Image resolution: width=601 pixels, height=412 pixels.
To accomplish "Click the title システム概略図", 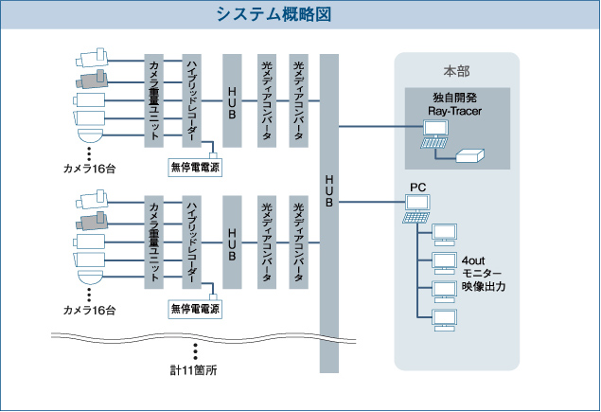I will [x=299, y=14].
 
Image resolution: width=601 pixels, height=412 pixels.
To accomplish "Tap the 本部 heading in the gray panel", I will [x=456, y=72].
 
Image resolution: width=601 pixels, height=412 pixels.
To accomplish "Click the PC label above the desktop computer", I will [x=417, y=188].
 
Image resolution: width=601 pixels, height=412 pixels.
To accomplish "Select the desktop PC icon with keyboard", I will [x=416, y=209].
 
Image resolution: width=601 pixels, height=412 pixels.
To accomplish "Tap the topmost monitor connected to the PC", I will [x=444, y=233].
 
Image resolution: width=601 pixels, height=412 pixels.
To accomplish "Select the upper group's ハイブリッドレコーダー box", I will [x=191, y=99].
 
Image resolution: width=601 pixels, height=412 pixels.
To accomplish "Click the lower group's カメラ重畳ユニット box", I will [x=154, y=242].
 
